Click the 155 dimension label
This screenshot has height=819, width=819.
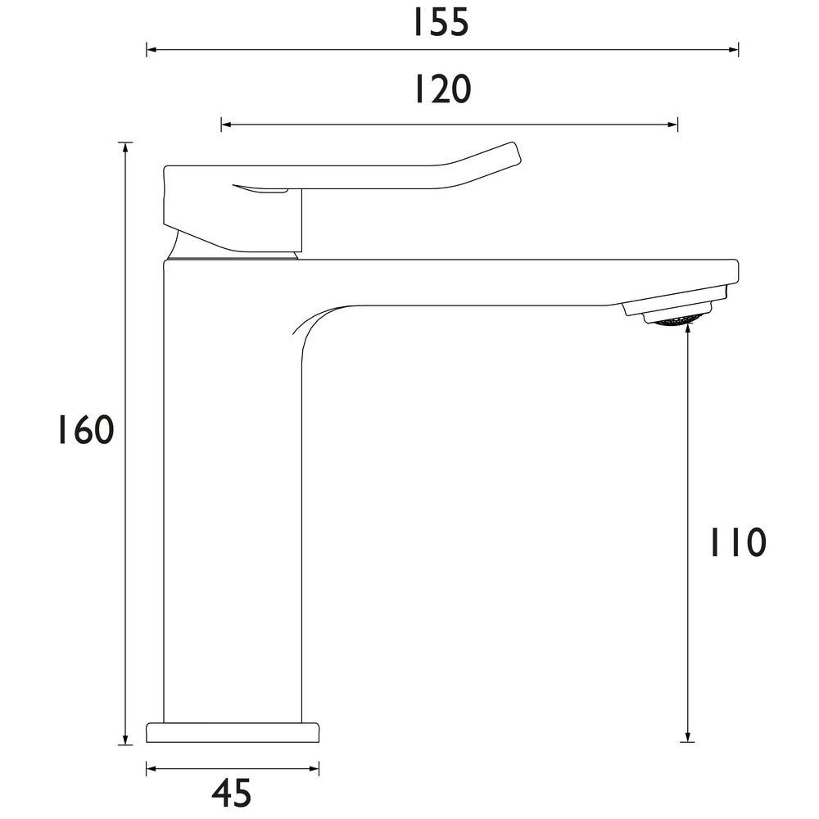coord(441,22)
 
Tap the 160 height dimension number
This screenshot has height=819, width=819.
coord(84,430)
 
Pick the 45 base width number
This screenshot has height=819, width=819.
coord(232,792)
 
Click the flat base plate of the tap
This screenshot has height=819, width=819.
coord(233,731)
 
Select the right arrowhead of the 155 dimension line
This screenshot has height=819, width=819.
coord(735,51)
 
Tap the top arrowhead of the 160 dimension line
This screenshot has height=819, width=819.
coord(125,147)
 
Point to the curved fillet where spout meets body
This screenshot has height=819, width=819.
coord(307,324)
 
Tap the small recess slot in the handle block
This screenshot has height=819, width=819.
coord(260,190)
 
